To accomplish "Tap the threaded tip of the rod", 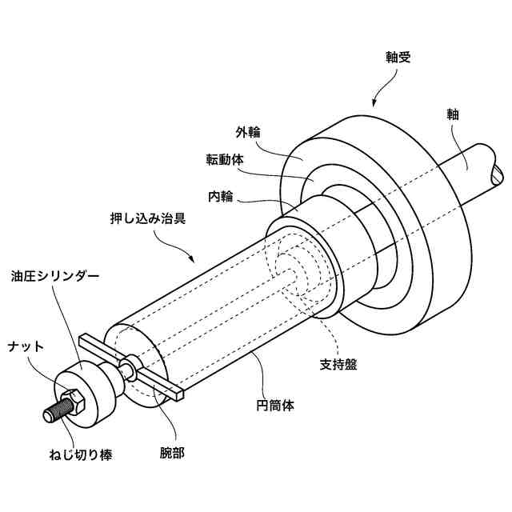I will pyautogui.click(x=50, y=415).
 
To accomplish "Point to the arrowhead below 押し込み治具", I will pyautogui.click(x=192, y=260).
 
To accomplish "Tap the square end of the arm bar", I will pyautogui.click(x=178, y=394).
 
